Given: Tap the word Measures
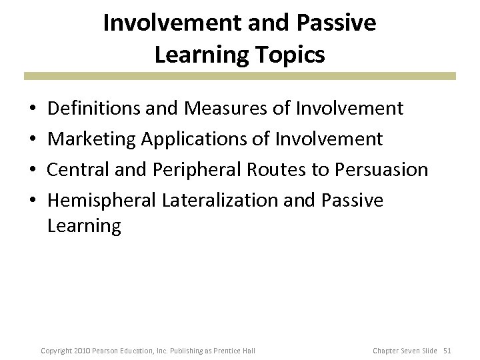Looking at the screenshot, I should [221, 108].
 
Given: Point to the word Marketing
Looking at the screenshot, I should [91, 139].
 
